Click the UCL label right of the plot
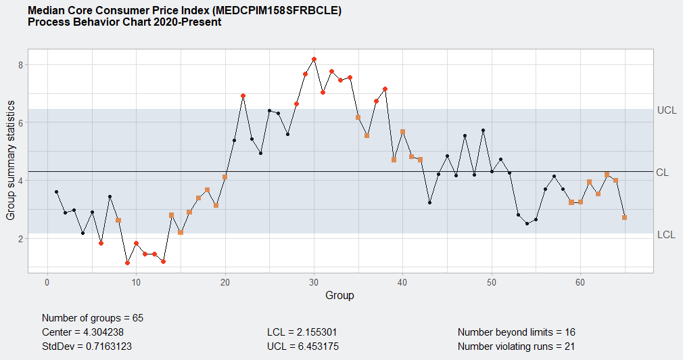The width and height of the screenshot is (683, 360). [666, 110]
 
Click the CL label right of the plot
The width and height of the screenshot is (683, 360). [662, 173]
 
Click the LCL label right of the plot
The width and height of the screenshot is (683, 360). [666, 235]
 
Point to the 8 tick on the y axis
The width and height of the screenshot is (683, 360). [21, 65]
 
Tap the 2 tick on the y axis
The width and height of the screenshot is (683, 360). [21, 239]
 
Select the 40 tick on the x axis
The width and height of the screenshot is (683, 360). [403, 282]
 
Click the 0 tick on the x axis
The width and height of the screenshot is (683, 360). [47, 282]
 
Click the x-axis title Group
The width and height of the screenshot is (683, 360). [339, 295]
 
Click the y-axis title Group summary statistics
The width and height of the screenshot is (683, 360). [11, 160]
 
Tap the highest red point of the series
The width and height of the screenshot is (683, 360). [314, 60]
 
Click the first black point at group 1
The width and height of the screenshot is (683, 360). [56, 192]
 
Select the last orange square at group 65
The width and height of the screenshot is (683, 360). [625, 217]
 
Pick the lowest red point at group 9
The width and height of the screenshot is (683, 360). [127, 263]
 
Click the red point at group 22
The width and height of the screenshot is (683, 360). [243, 96]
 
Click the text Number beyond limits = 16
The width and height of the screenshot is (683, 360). [516, 332]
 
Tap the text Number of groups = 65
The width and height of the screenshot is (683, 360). [93, 318]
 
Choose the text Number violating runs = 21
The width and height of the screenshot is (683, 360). [516, 346]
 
